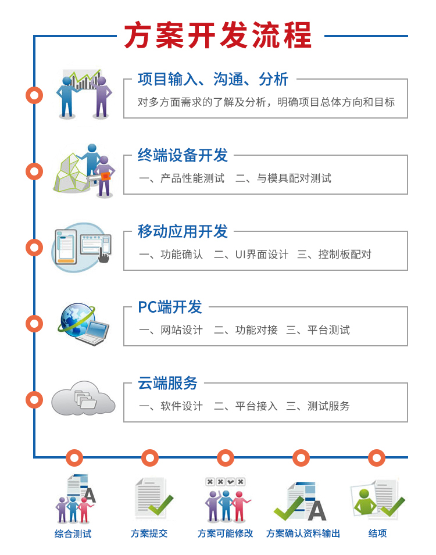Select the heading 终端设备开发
pos(183,155)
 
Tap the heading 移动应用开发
pos(183,231)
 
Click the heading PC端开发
pos(170,307)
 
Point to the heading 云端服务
pos(167,384)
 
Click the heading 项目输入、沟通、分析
pos(213,79)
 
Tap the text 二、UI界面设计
pos(251,254)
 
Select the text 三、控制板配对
pos(334,254)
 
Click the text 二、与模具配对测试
pos(283,178)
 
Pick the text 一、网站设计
pos(171,330)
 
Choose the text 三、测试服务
pos(318,406)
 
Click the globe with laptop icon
pos(84,324)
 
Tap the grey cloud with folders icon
pos(83,398)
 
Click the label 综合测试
pos(73,533)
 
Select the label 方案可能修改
pos(225,533)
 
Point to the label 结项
pos(377,533)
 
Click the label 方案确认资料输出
pos(303,533)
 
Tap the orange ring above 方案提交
pos(150,458)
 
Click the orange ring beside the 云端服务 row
pos(34,400)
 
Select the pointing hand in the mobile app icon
pos(103,255)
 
